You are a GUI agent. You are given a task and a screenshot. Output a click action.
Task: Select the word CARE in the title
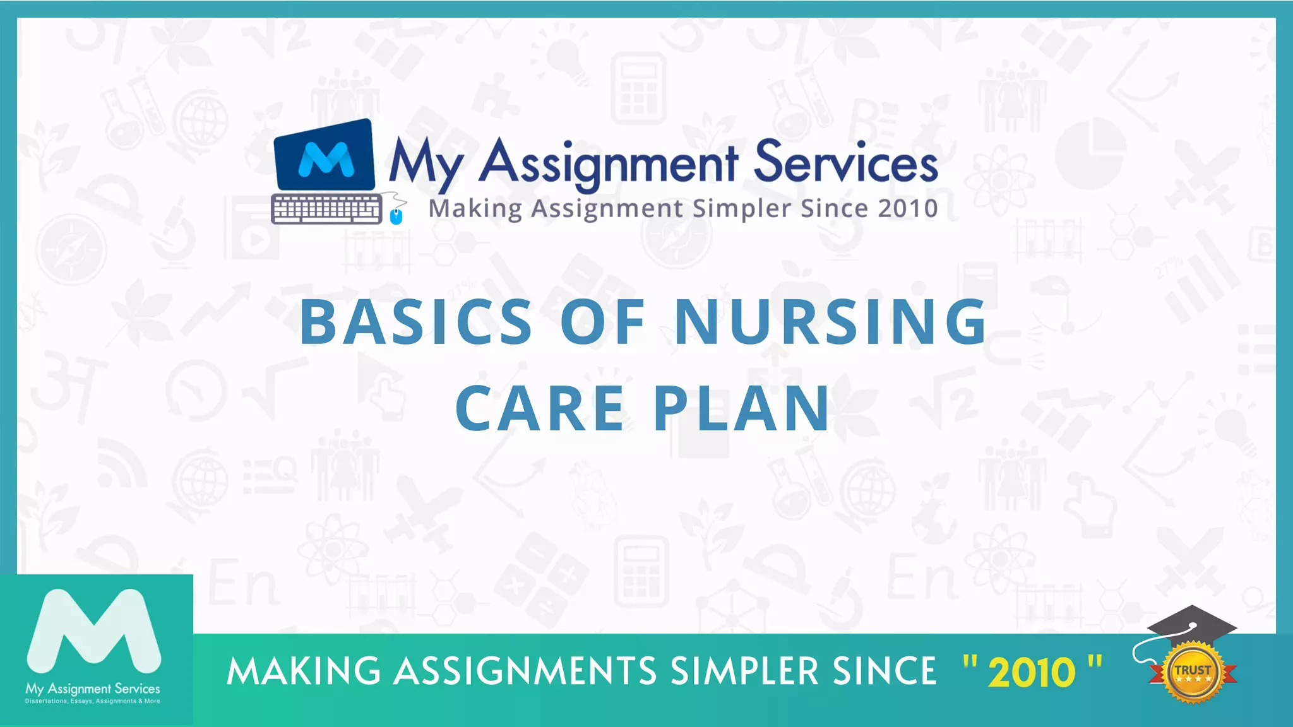pos(540,408)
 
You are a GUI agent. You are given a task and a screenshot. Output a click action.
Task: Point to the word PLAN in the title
pos(741,408)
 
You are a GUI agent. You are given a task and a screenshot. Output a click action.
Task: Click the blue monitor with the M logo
pos(325,156)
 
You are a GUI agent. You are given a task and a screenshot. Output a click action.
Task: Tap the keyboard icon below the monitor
pos(326,209)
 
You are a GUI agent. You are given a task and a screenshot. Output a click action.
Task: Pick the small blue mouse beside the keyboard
pos(396,216)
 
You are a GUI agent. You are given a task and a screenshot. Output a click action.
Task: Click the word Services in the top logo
pos(845,162)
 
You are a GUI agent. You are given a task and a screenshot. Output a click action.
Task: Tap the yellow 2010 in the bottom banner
pos(1032,672)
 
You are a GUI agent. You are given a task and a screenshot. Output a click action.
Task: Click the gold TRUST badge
pos(1192,673)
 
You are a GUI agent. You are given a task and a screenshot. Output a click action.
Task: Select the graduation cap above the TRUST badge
pos(1191,624)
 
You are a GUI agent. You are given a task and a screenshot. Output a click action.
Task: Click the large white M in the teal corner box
pos(94,632)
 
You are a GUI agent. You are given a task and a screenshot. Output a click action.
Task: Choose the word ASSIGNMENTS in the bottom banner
pos(525,671)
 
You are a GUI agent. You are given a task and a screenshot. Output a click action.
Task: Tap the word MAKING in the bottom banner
pos(304,671)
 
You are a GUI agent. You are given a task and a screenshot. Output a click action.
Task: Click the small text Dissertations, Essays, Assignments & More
pos(93,701)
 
